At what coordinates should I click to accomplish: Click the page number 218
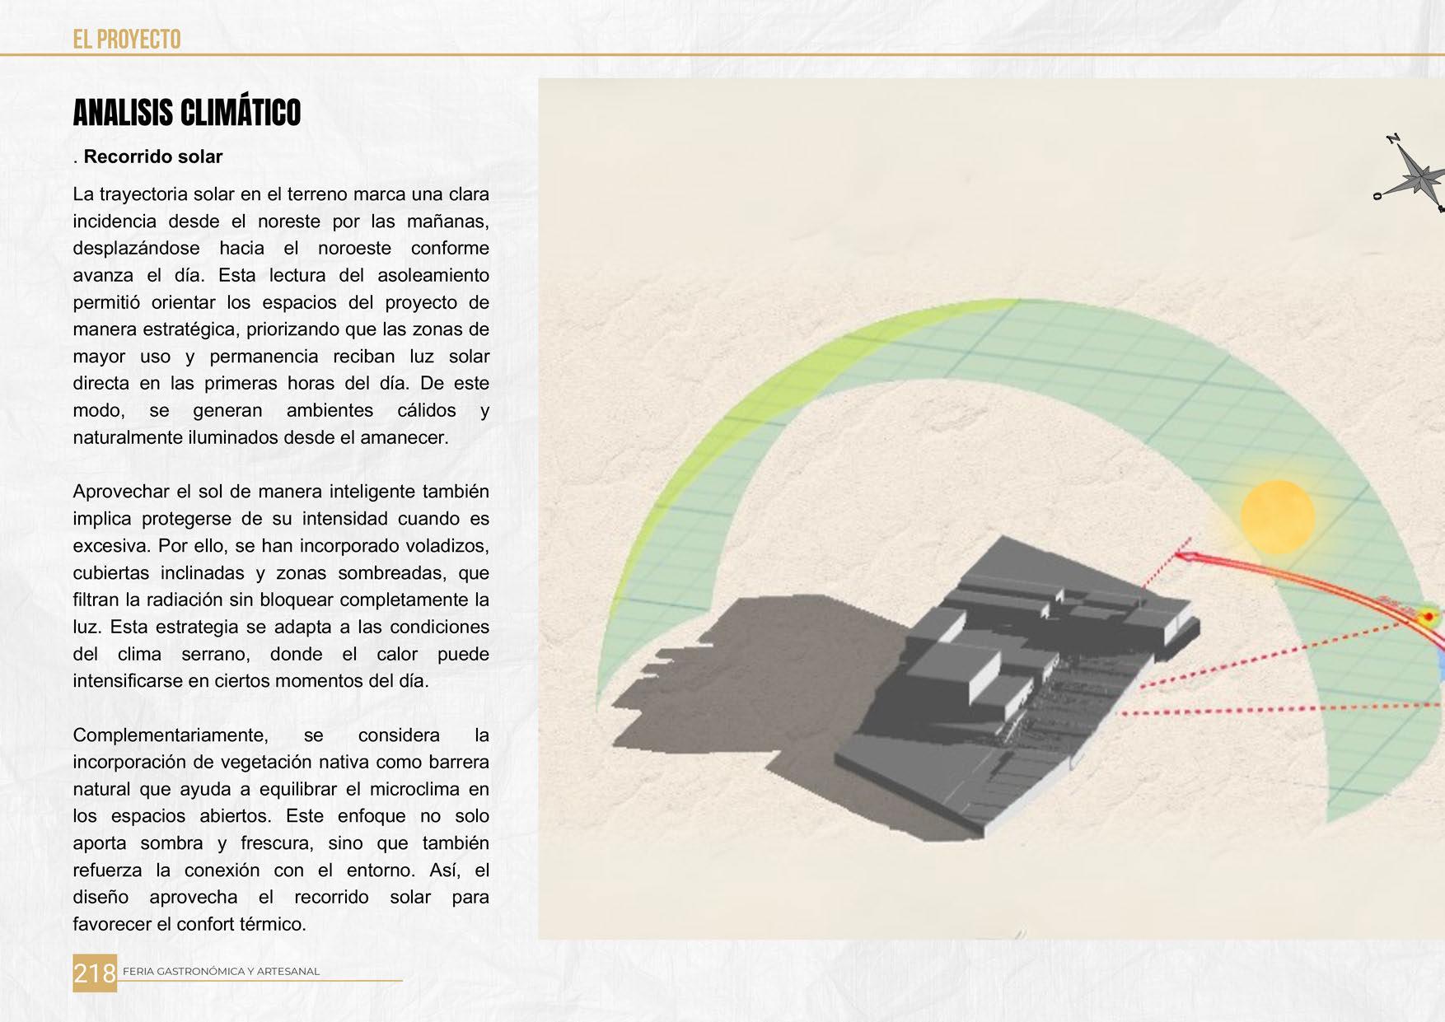tap(95, 973)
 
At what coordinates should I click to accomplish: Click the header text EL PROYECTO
tap(127, 39)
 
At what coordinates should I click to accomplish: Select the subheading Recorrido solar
tap(153, 156)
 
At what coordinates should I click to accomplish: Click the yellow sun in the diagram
tap(1277, 517)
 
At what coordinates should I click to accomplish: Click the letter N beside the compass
tap(1393, 139)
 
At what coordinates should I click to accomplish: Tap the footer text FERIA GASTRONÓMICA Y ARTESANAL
tap(221, 972)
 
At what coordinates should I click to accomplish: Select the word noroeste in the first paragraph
tap(355, 249)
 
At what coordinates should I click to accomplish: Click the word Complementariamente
tap(170, 735)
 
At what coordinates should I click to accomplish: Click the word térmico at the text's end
tap(273, 924)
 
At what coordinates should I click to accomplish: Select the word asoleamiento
tap(433, 275)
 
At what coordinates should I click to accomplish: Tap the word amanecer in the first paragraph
tap(405, 437)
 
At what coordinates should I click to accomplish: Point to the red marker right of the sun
tap(1428, 615)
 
